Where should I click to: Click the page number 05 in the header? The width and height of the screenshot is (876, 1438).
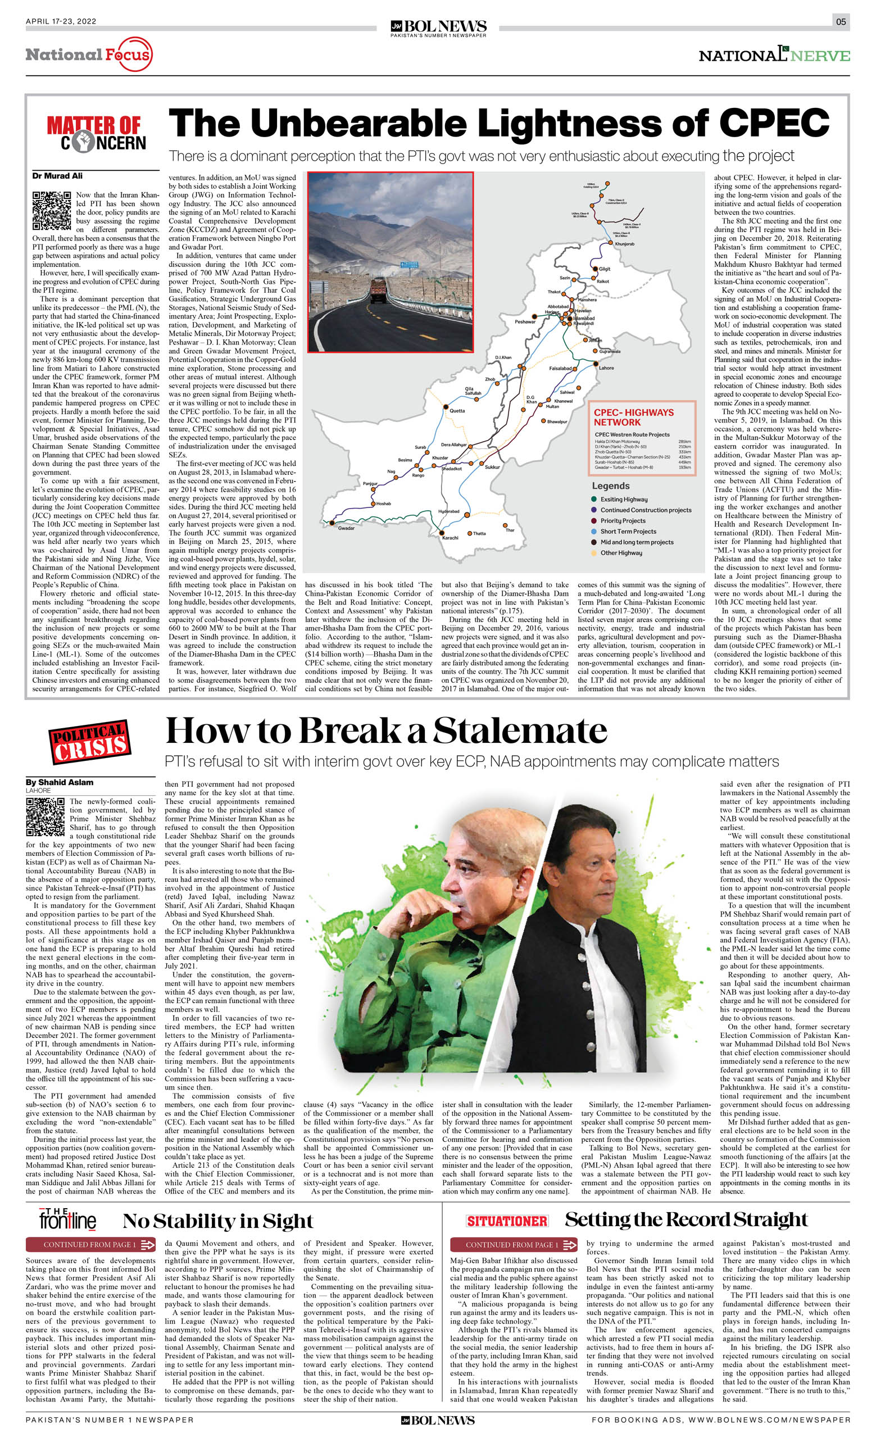coord(841,22)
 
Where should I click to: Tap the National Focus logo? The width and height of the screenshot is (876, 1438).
coord(88,55)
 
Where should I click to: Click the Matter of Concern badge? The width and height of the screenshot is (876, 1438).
coord(96,134)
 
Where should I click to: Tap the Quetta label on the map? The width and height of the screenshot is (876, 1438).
coord(457,410)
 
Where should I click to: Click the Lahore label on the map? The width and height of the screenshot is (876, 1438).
coord(606,368)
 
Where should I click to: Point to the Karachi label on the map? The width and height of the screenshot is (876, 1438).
coord(450,538)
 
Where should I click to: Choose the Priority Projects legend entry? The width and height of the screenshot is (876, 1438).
coord(623,520)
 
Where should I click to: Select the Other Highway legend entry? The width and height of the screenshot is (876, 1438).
coord(621,553)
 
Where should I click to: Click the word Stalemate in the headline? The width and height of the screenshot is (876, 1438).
coord(519,730)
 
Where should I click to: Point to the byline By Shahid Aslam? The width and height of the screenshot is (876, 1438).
coord(60,783)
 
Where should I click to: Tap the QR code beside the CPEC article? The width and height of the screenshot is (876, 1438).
coord(51,210)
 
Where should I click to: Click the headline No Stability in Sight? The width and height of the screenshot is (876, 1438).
coord(217,1221)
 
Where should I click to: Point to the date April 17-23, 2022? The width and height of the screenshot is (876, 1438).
coord(61,21)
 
